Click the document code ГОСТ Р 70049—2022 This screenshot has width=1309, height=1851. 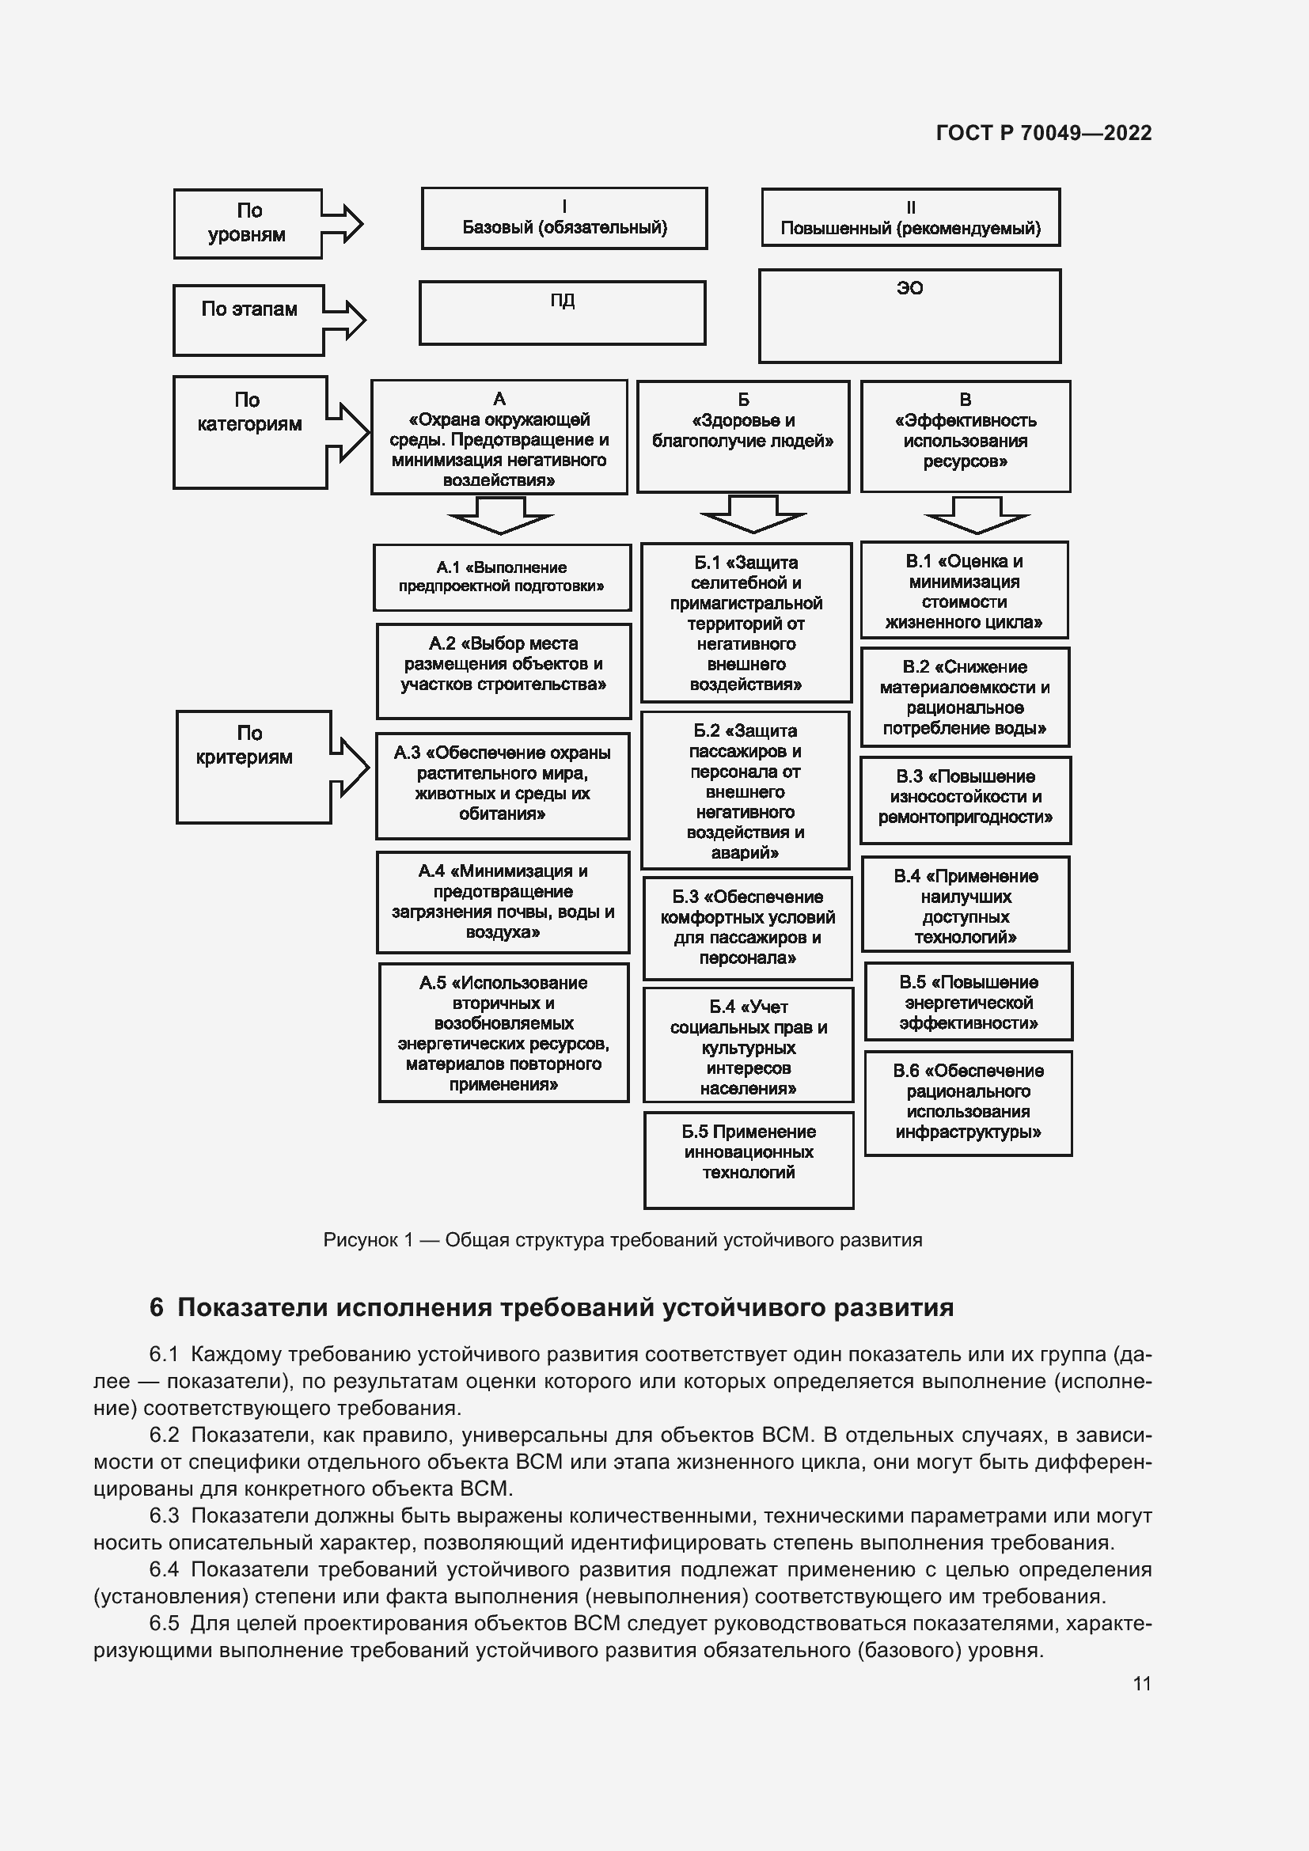1044,133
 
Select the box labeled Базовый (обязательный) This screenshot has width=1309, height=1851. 564,218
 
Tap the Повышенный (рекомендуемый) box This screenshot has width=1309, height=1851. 911,218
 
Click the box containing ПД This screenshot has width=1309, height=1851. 563,313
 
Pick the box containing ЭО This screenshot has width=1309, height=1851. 910,315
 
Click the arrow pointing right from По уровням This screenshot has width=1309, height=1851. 344,223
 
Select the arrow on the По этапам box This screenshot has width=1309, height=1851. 347,319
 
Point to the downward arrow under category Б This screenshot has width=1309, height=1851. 753,514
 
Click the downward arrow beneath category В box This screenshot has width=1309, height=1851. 977,515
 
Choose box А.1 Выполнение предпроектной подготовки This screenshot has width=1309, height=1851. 503,577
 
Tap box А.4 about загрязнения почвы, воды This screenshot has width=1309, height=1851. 503,902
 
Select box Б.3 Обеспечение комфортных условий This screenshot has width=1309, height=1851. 747,928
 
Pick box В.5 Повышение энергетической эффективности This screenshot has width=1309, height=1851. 969,1002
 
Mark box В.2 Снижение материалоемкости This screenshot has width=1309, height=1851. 965,697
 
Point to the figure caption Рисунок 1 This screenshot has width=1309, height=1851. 622,1240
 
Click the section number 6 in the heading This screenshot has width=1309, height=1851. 157,1307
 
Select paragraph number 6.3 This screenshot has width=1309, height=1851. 164,1515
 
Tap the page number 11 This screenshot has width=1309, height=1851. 1141,1683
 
